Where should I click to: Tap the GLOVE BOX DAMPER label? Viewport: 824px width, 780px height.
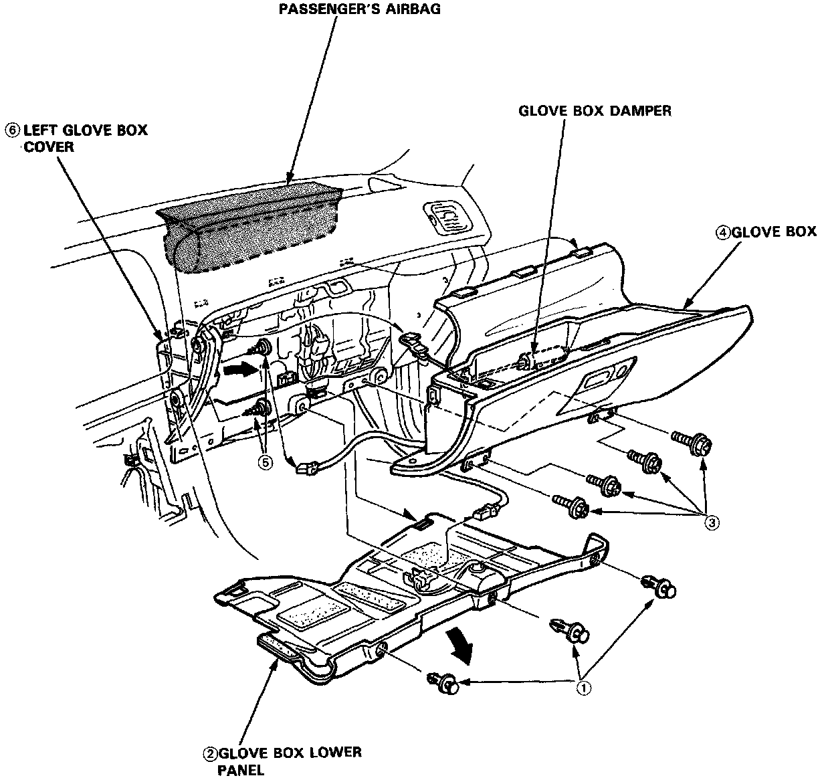595,111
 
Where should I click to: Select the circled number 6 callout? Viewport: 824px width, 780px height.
12,129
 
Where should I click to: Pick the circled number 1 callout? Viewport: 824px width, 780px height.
584,688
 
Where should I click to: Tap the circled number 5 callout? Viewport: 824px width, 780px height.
266,462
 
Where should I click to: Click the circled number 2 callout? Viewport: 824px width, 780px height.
210,753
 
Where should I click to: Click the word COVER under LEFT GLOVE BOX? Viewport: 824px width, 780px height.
49,146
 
